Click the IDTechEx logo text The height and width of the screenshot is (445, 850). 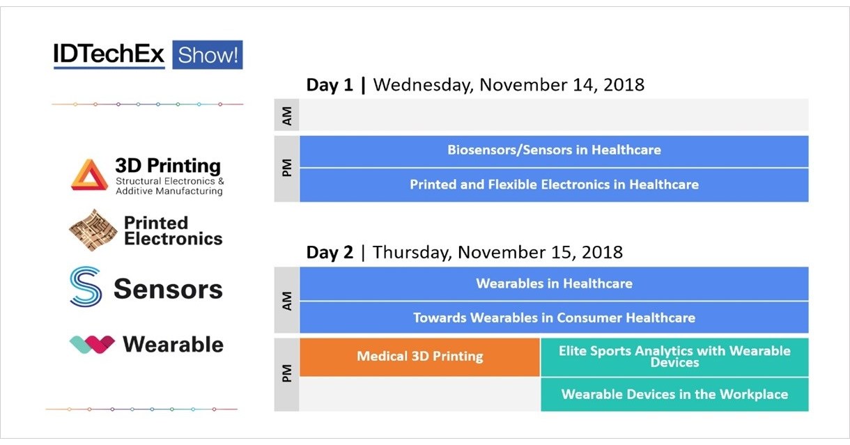(x=109, y=54)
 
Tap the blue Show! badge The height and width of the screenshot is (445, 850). (x=207, y=54)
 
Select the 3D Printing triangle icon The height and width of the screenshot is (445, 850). (x=88, y=175)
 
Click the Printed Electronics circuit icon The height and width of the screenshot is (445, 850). (x=93, y=231)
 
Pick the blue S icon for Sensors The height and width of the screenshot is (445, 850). (x=86, y=287)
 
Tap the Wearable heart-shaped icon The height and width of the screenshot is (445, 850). (x=92, y=344)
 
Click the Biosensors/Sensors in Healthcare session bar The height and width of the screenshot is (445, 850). (x=554, y=150)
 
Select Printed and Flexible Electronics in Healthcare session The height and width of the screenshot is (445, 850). (x=554, y=185)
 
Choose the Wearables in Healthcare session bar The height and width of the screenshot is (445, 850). (x=554, y=283)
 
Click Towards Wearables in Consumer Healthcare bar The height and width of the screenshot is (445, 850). (x=554, y=318)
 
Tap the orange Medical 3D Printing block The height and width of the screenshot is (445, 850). (x=419, y=357)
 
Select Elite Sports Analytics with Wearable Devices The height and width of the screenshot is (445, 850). (x=674, y=357)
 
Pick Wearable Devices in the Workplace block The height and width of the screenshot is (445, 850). (x=674, y=394)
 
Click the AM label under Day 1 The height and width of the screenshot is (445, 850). (x=286, y=115)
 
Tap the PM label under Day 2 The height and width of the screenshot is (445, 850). (x=286, y=375)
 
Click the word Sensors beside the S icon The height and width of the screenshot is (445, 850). (x=168, y=288)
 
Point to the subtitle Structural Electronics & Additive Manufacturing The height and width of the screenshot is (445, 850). (x=169, y=186)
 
